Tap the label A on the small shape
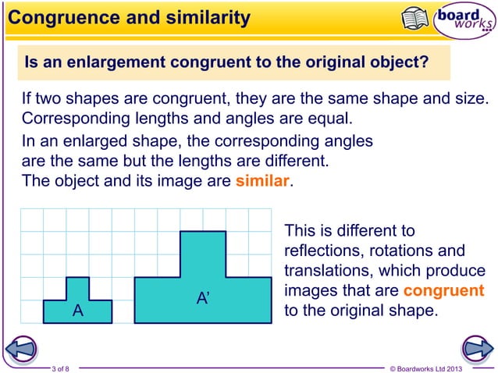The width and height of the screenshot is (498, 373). click(77, 311)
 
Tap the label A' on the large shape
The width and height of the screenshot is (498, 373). click(202, 299)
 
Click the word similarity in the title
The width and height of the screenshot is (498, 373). click(203, 17)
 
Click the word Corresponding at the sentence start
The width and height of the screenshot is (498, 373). click(68, 120)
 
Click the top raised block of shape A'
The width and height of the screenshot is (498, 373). click(203, 254)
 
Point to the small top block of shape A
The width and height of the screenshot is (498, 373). click(77, 288)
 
